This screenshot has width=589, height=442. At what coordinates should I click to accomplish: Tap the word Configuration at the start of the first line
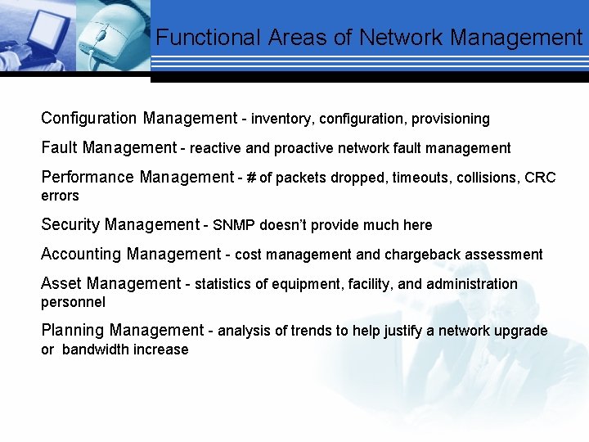(x=89, y=119)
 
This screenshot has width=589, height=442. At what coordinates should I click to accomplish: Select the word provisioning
(x=450, y=120)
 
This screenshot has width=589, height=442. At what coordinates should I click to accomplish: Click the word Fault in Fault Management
(x=60, y=148)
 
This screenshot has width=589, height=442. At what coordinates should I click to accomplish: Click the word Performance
(x=88, y=178)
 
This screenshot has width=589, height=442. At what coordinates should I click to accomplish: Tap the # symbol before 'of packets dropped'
(x=250, y=178)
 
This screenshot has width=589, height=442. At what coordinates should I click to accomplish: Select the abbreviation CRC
(x=540, y=178)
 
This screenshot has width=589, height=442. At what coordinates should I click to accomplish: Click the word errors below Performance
(x=60, y=196)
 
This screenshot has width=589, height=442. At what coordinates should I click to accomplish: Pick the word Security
(x=70, y=224)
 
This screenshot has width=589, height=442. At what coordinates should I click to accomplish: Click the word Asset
(x=61, y=284)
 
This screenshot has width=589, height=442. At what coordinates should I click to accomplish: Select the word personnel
(x=73, y=302)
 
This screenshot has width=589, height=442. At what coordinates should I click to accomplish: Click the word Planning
(x=73, y=331)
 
